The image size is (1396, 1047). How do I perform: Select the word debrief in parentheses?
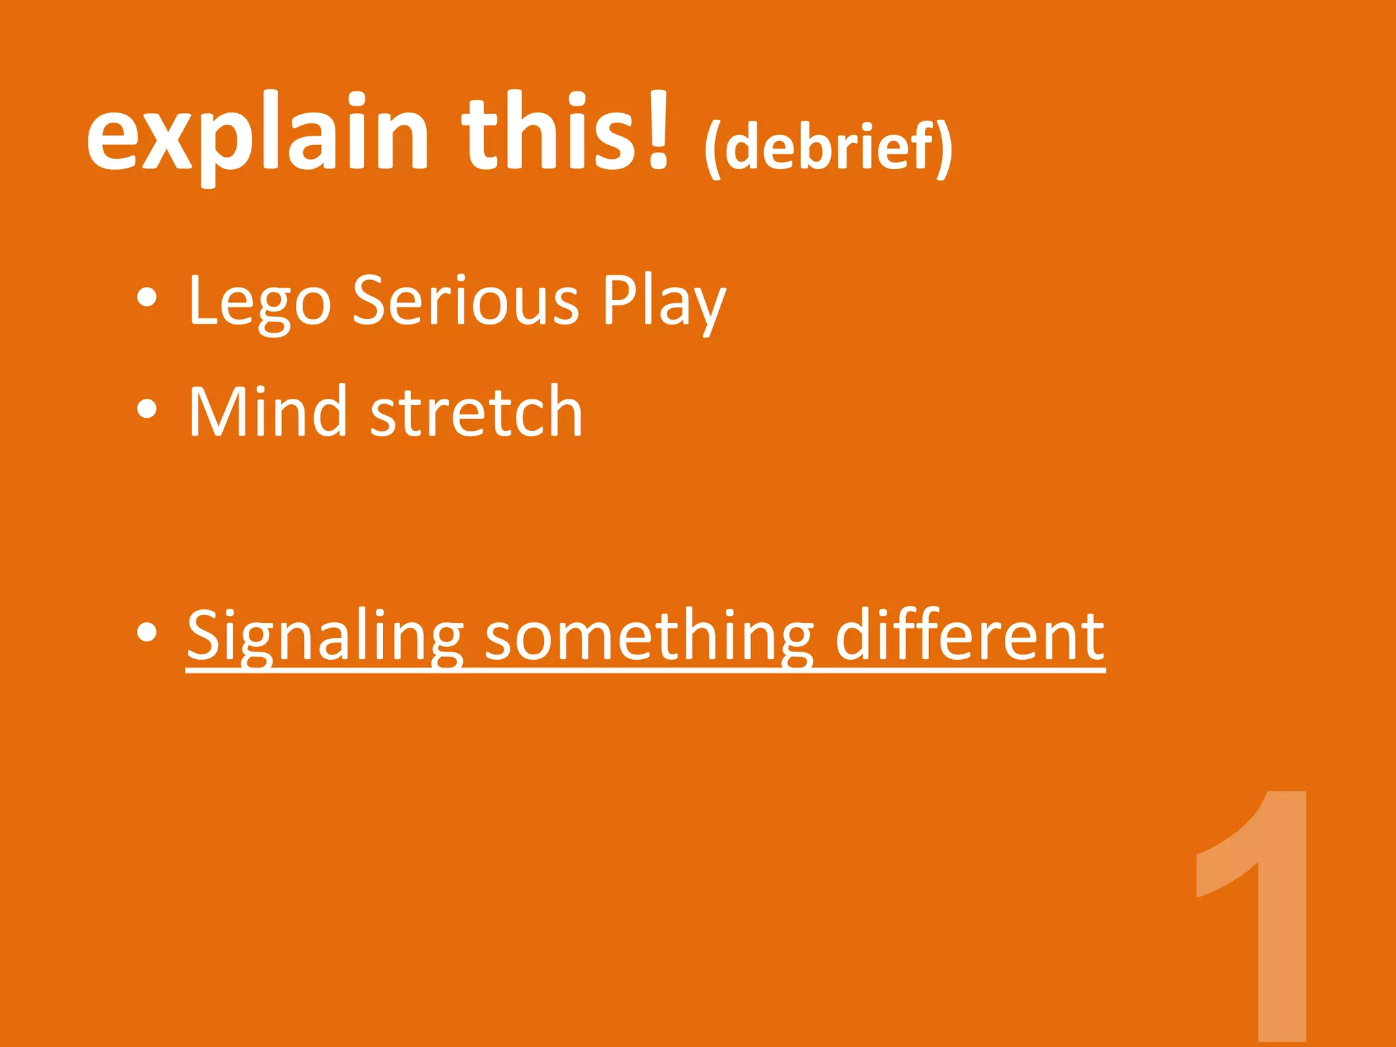[828, 147]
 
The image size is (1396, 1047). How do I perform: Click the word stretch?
[476, 413]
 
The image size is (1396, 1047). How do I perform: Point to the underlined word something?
[648, 637]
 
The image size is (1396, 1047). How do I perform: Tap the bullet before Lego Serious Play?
[147, 298]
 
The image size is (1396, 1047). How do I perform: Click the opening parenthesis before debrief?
[713, 149]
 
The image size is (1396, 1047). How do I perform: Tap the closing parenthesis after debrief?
[943, 149]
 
